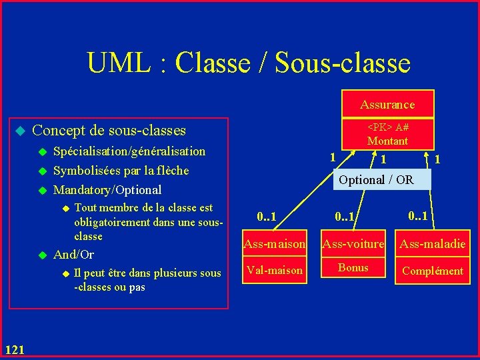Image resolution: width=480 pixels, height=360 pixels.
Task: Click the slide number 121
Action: pos(15,349)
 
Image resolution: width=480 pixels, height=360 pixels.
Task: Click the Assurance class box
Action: pos(387,105)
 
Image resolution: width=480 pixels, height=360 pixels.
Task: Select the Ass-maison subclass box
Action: pos(275,245)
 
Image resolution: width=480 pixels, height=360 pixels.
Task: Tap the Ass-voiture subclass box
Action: pos(353,245)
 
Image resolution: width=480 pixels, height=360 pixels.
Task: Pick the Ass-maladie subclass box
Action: pos(432,245)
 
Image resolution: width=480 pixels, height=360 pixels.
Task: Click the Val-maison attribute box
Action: pos(275,270)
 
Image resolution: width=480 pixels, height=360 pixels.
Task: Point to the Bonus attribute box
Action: pos(353,267)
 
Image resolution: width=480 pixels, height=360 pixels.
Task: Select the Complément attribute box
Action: pos(432,271)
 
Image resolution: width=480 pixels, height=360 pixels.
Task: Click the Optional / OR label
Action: pos(376,180)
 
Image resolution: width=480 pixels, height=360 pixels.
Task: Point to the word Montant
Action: pos(387,141)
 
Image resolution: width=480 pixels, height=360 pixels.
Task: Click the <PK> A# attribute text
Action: pos(388,128)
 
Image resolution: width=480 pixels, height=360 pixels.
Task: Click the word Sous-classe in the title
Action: pos(343,63)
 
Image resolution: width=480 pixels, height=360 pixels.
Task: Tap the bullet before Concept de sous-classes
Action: pos(20,130)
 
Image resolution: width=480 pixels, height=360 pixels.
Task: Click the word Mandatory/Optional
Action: pos(107,190)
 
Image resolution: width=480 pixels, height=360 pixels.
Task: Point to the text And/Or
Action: pos(73,255)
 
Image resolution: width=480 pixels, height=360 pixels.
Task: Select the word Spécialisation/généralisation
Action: pos(129,151)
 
